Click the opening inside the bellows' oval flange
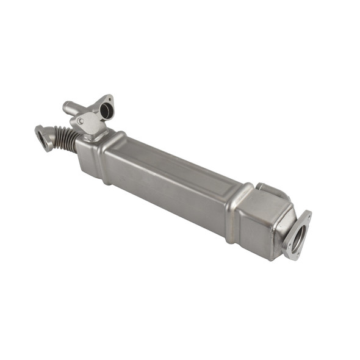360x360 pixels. [x=44, y=139]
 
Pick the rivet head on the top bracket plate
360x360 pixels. [x=81, y=121]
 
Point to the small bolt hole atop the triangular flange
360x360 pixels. [x=109, y=98]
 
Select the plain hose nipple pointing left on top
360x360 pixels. [x=73, y=109]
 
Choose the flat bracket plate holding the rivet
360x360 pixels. [x=88, y=124]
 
